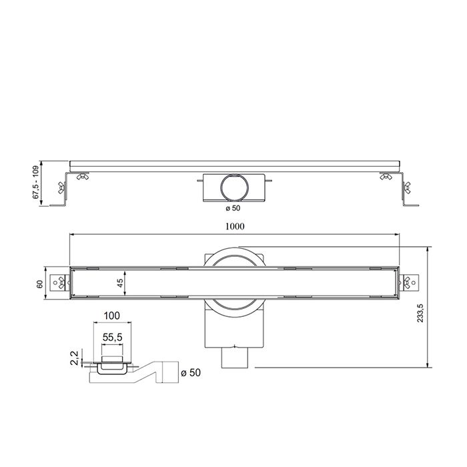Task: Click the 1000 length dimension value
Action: coord(234,226)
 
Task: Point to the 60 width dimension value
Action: coord(39,284)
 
